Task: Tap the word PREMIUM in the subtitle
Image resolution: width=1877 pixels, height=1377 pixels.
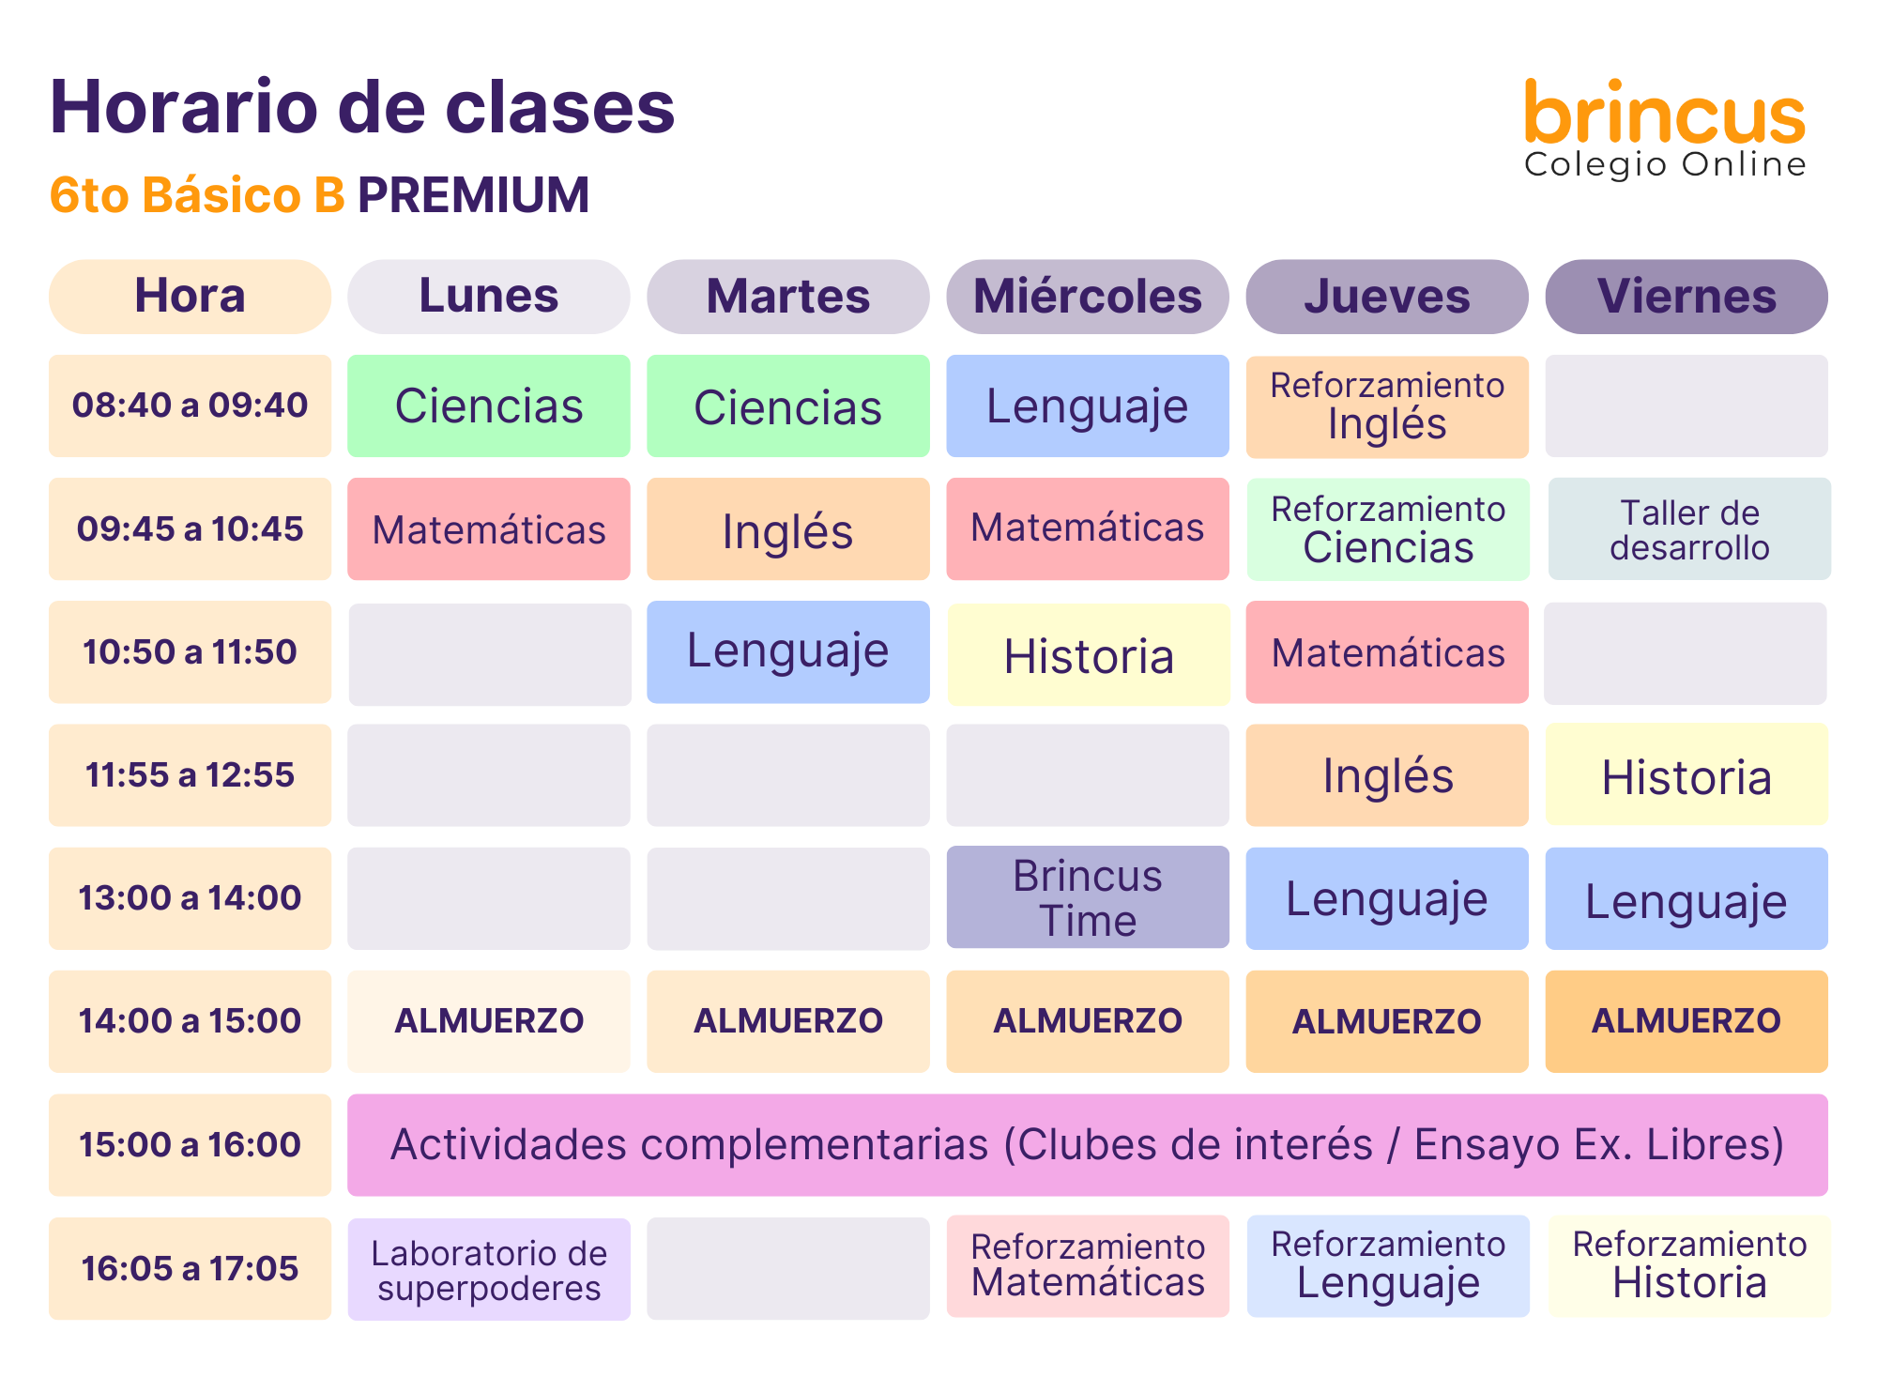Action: (474, 195)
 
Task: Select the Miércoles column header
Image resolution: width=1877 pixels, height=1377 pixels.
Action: (1088, 297)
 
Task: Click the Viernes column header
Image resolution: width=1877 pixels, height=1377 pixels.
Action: (1686, 297)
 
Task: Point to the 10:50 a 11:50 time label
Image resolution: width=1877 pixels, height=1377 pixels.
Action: (190, 652)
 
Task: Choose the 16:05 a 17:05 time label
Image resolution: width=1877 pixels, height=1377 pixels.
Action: (190, 1269)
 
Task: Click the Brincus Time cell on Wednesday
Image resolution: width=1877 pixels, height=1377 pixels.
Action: (1088, 897)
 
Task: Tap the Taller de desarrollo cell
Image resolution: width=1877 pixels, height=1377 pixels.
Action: (1689, 529)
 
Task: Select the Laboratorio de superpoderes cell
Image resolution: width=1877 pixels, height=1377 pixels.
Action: (489, 1270)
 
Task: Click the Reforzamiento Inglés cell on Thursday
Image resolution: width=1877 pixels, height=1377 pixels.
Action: (1387, 406)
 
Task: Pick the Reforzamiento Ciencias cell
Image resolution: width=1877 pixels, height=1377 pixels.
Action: (1388, 529)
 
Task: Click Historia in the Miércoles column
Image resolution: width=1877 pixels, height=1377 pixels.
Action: (1089, 654)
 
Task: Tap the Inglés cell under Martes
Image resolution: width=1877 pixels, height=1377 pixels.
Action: (788, 529)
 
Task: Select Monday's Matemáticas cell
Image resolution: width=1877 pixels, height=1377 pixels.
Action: (489, 529)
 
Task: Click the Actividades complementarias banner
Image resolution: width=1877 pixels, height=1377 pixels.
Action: (1088, 1145)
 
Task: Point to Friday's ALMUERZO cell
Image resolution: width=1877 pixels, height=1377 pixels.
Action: (1686, 1021)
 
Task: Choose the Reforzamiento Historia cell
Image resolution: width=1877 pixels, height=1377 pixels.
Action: (1689, 1266)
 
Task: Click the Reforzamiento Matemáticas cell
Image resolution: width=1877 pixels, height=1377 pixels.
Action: (1088, 1266)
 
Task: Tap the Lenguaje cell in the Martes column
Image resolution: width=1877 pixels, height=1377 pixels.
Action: (788, 652)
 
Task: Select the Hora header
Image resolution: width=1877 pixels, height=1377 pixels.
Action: (190, 297)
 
